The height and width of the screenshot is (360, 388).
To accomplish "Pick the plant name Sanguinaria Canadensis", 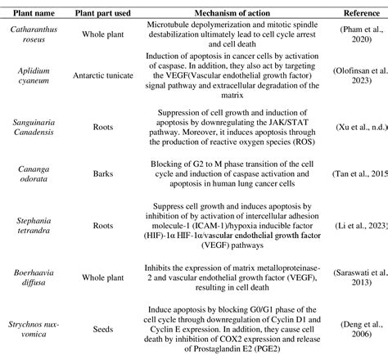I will click(34, 134).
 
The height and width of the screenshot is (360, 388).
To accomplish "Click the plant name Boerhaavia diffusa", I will click(34, 282).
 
